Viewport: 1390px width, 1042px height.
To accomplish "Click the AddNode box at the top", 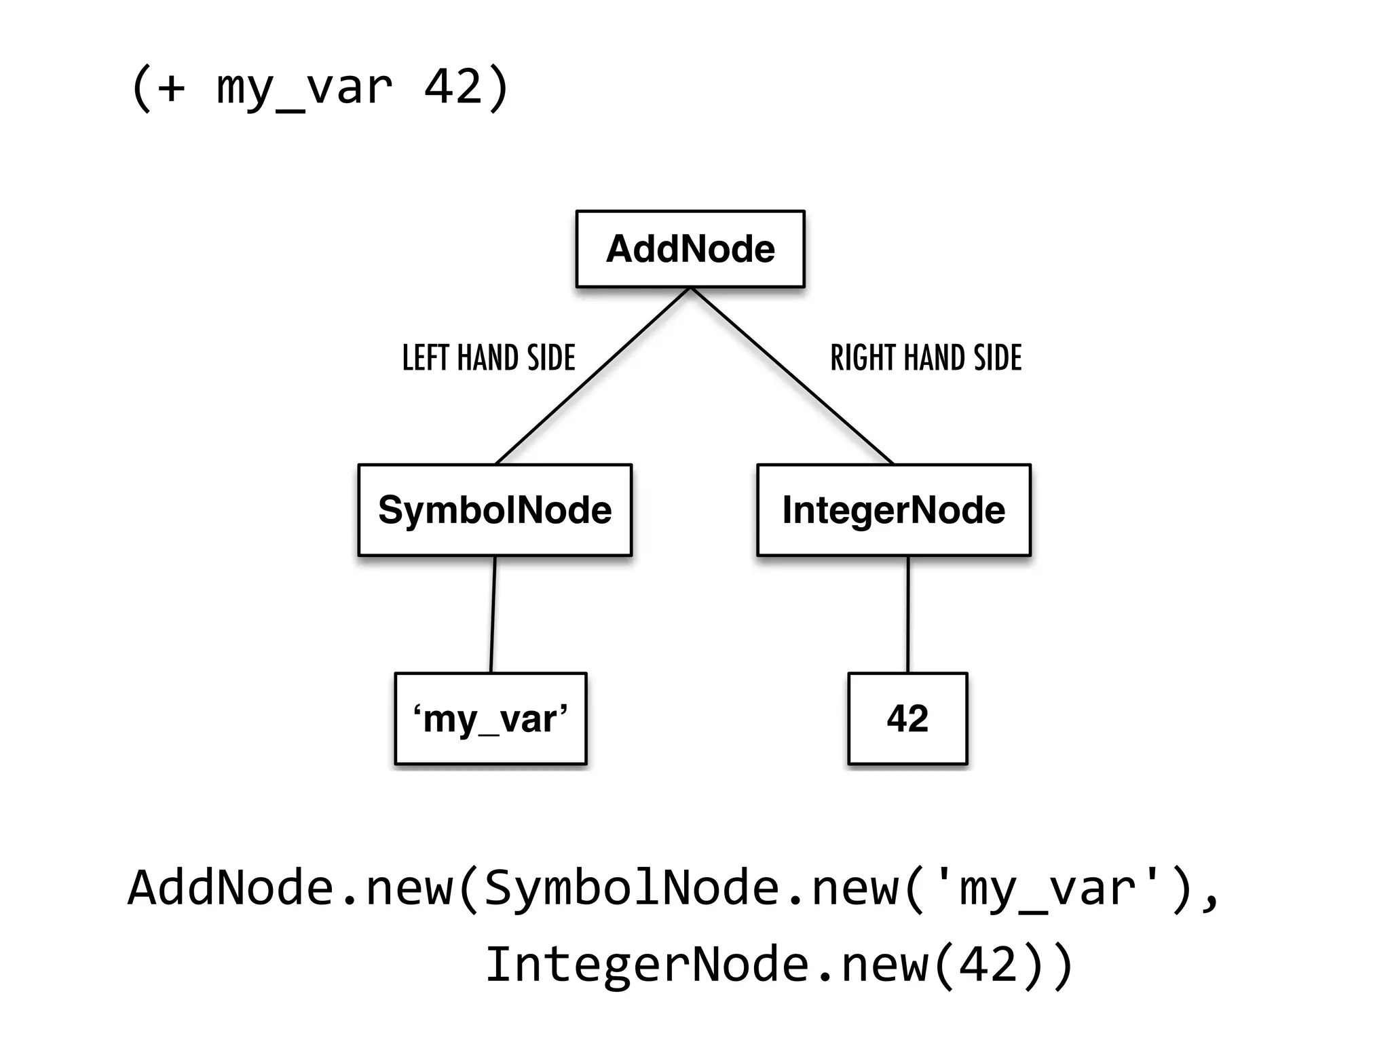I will (690, 249).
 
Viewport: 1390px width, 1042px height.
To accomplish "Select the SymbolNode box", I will (495, 510).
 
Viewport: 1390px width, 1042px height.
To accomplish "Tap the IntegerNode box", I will (893, 510).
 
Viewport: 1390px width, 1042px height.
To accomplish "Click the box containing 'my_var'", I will (490, 718).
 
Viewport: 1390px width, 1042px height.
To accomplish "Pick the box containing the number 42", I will (907, 718).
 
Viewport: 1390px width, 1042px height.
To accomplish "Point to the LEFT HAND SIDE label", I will (489, 358).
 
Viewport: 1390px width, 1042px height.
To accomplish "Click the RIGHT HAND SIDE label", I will (926, 358).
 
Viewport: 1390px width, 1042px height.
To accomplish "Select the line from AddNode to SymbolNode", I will (593, 376).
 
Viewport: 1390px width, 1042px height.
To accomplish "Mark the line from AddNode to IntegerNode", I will (791, 376).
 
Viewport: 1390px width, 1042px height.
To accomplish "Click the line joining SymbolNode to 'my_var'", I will (493, 614).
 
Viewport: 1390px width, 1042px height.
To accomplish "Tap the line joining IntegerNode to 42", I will (908, 614).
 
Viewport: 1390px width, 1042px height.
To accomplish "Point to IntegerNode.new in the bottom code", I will (706, 964).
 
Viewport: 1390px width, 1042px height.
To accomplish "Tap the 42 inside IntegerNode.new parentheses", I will (988, 964).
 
